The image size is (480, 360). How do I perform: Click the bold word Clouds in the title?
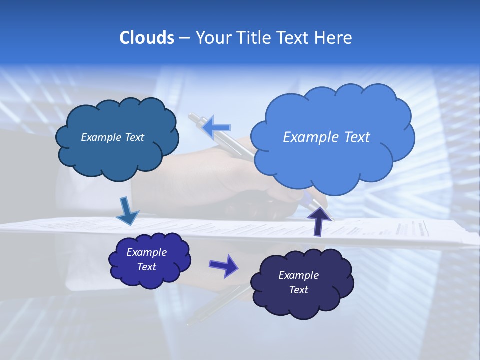pos(147,38)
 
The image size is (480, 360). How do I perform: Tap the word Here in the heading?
pos(335,38)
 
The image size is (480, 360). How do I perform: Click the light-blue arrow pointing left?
pos(216,127)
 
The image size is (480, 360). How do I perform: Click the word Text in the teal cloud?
pos(133,137)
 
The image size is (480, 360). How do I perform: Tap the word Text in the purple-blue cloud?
pos(147,267)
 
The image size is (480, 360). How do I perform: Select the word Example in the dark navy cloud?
pos(298,275)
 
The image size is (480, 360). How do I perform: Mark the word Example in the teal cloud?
pos(101,137)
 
